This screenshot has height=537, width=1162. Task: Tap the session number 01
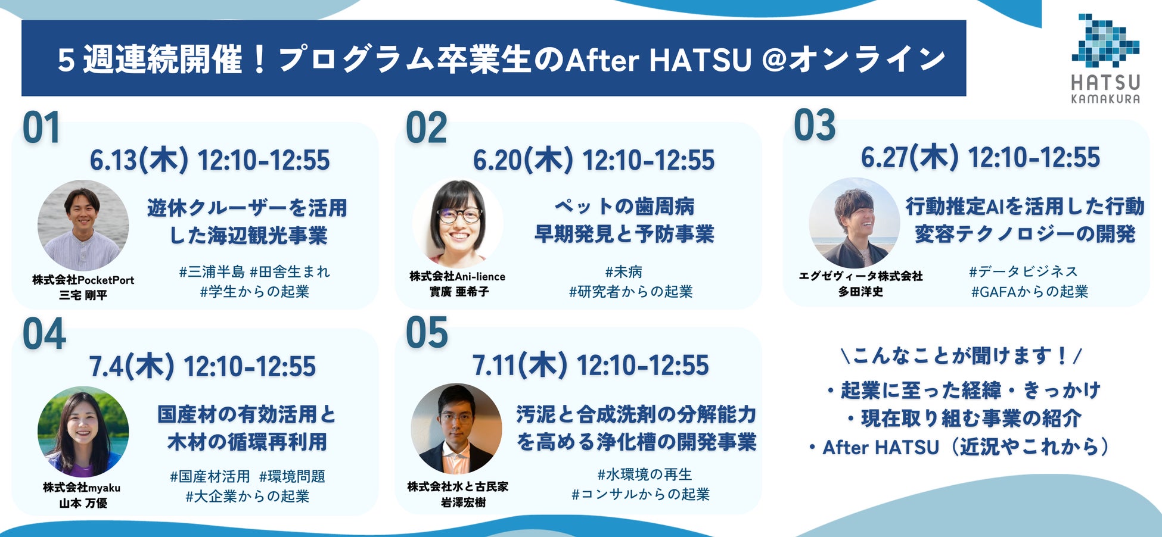coord(41,128)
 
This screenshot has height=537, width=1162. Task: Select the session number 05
coord(427,333)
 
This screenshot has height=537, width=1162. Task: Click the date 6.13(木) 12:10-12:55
coord(210,160)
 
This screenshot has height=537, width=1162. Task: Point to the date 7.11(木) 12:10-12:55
coord(591,365)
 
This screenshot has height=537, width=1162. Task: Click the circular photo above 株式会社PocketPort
coord(83,225)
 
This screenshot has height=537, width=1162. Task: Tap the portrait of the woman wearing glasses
coord(458,223)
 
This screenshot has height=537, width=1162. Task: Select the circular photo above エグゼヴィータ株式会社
coord(854,223)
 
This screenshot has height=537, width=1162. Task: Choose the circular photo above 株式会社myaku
coord(83,432)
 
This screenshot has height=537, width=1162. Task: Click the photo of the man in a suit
coord(456,429)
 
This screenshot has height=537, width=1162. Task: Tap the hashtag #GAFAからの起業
coord(1030,292)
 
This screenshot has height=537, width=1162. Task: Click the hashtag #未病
coord(624,272)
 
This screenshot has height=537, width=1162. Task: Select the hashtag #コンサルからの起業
coord(641,494)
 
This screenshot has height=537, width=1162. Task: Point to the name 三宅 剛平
coord(83,295)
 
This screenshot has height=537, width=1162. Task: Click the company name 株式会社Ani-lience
coord(457,276)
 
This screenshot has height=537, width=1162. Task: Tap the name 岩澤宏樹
coord(463,502)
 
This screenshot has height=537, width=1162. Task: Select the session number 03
coord(815,126)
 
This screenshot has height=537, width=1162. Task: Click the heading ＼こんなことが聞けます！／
coord(961,356)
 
